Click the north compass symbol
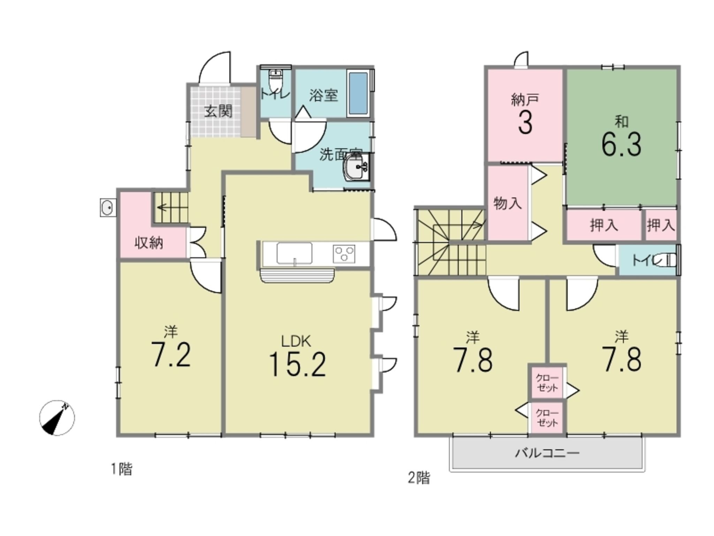pyautogui.click(x=57, y=417)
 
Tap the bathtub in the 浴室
pyautogui.click(x=358, y=94)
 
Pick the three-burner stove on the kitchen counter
pyautogui.click(x=344, y=254)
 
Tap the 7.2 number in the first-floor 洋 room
pyautogui.click(x=170, y=355)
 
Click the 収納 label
pyautogui.click(x=149, y=243)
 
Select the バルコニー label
pyautogui.click(x=547, y=453)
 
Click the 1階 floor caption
pyautogui.click(x=122, y=469)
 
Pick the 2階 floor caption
pyautogui.click(x=419, y=478)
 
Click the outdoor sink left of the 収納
pyautogui.click(x=108, y=208)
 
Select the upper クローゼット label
pyautogui.click(x=547, y=383)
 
